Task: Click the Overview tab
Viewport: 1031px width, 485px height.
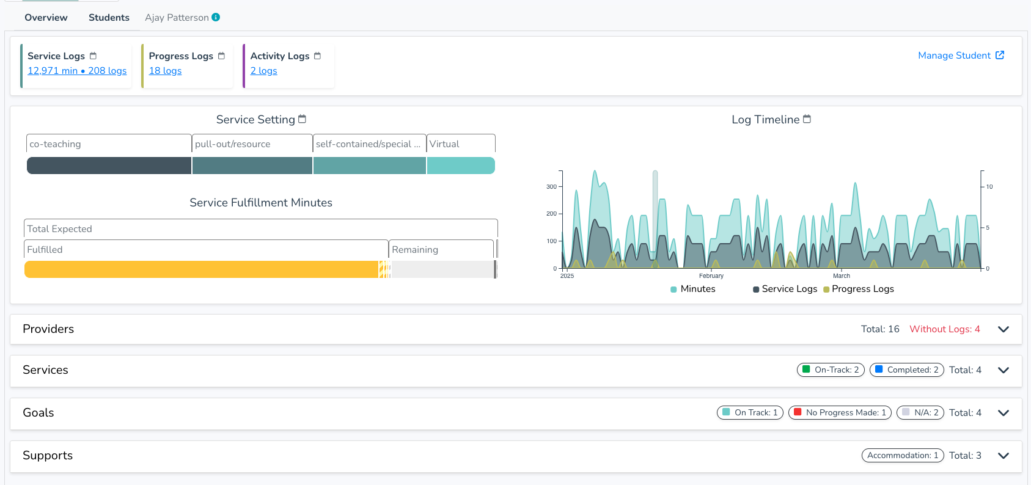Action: (x=46, y=18)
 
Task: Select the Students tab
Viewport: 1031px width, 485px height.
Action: (x=109, y=18)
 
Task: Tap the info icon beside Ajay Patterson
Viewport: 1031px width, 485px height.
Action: (x=216, y=17)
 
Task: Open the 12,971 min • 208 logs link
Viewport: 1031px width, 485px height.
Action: (x=77, y=71)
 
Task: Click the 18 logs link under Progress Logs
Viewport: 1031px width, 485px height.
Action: (x=165, y=71)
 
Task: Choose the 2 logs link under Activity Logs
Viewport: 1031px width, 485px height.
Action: (x=264, y=71)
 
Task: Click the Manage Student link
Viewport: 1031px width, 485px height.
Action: (x=961, y=55)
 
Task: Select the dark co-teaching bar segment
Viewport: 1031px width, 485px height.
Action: (x=109, y=166)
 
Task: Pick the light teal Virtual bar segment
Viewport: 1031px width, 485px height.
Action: (x=461, y=166)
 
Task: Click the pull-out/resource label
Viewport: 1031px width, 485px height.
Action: (x=232, y=144)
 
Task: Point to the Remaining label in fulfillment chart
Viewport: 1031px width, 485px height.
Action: (x=415, y=249)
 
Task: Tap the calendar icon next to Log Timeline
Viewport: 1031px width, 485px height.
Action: (x=807, y=119)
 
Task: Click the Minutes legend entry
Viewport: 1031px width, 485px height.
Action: (x=692, y=289)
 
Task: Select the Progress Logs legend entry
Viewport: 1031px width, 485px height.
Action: (x=859, y=289)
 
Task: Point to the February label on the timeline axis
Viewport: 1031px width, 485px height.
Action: (x=711, y=276)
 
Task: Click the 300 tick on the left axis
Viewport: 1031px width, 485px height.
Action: (x=551, y=187)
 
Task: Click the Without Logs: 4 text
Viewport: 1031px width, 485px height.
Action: (x=944, y=329)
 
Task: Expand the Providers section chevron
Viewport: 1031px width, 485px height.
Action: (x=1003, y=329)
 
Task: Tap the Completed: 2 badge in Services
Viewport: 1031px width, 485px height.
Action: (x=907, y=370)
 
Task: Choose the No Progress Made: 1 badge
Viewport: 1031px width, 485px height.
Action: (x=840, y=413)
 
